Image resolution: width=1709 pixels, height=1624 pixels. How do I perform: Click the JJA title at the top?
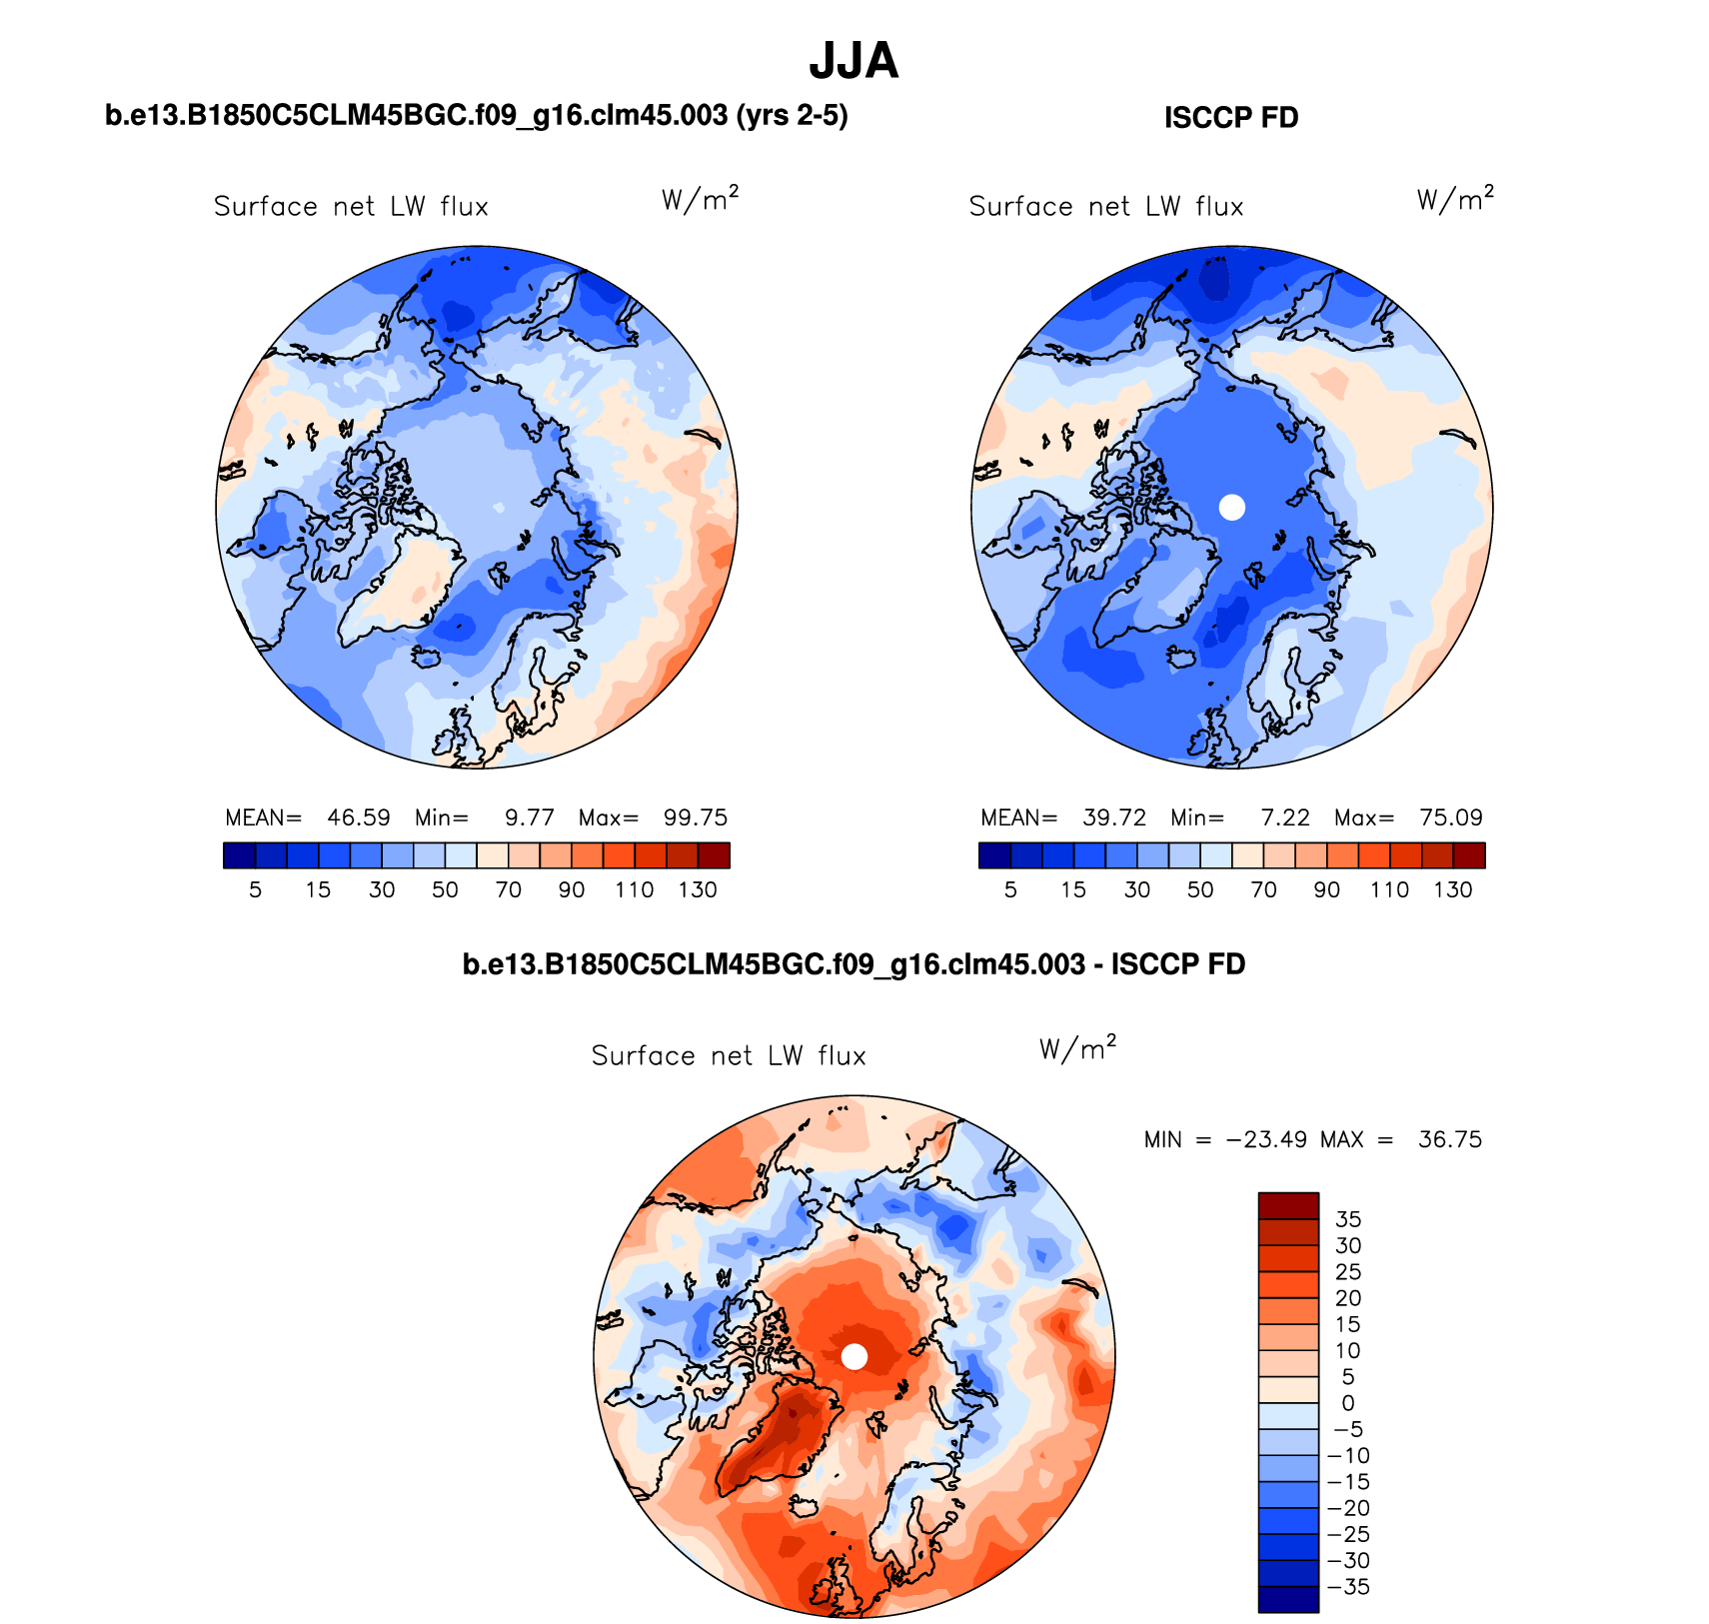[x=854, y=61]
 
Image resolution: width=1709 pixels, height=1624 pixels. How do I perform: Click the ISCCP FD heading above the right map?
[x=1230, y=118]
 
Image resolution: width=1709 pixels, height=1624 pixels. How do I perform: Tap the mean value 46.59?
[x=359, y=817]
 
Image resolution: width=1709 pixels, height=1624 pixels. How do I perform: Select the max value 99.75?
[x=696, y=817]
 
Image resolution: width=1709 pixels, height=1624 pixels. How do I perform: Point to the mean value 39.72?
[x=1114, y=817]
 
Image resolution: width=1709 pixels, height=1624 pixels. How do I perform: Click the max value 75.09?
[x=1451, y=817]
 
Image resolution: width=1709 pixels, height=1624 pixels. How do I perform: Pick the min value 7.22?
[x=1285, y=817]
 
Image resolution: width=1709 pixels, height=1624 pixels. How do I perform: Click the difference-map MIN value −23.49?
[x=1266, y=1139]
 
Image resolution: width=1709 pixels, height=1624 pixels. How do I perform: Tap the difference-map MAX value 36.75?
[x=1450, y=1139]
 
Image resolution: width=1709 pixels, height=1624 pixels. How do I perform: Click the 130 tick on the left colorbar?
[x=698, y=889]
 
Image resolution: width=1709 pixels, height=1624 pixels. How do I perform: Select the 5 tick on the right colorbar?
[x=1010, y=889]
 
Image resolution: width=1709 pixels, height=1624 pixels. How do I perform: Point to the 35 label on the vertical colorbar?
[x=1348, y=1219]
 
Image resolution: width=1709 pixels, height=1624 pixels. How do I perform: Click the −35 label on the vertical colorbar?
[x=1348, y=1587]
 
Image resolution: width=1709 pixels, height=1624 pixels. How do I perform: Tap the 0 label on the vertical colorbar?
[x=1348, y=1403]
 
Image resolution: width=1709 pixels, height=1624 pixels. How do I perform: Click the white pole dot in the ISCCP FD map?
[x=1232, y=507]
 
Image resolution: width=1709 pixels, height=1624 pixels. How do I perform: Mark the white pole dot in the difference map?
[x=854, y=1356]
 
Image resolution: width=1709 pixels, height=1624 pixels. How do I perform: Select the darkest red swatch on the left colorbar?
[x=714, y=855]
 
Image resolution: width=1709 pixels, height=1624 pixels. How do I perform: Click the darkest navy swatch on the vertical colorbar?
[x=1288, y=1599]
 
